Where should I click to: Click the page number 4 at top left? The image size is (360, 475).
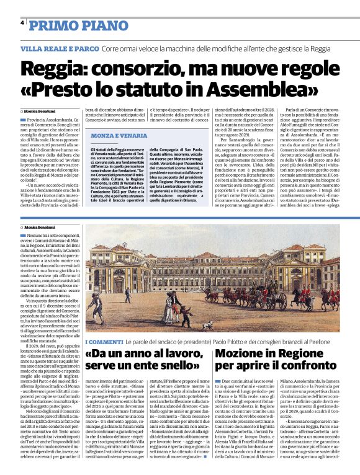(22, 22)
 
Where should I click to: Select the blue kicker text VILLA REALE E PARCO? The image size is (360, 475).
(60, 48)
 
